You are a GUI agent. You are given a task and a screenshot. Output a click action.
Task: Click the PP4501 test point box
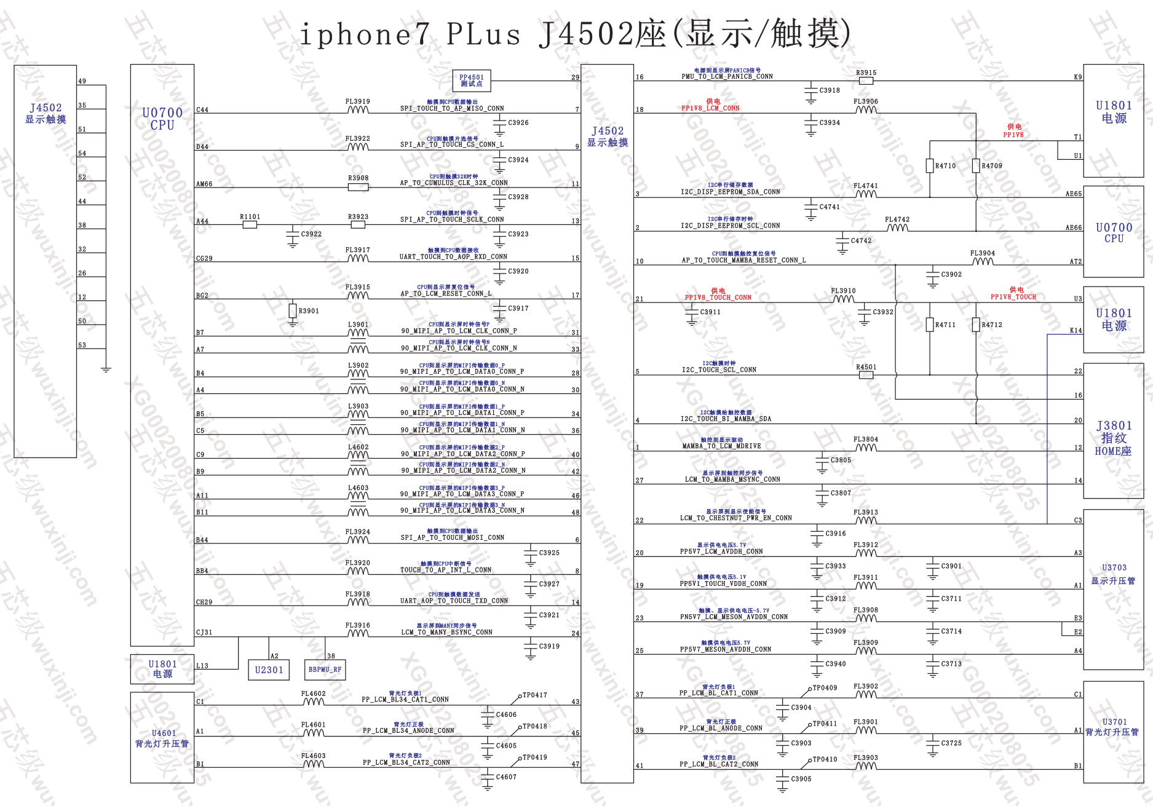(471, 81)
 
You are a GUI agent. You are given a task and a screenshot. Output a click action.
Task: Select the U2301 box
(269, 670)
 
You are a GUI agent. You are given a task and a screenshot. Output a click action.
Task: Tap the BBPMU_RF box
(325, 670)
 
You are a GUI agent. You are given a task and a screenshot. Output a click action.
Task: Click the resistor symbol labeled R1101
(250, 225)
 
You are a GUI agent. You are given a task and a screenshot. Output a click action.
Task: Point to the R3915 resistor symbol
(866, 81)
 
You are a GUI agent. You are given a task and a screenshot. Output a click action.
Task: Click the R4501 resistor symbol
(866, 375)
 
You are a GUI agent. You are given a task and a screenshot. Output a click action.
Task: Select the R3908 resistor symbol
(358, 187)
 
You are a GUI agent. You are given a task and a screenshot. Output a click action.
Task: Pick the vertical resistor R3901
(293, 311)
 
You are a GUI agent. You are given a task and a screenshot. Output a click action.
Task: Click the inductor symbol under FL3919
(358, 110)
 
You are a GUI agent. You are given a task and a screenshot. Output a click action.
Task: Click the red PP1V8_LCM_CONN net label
(710, 108)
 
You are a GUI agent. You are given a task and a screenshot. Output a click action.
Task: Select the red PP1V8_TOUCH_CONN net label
(718, 298)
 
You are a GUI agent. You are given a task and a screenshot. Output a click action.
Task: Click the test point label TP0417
(534, 695)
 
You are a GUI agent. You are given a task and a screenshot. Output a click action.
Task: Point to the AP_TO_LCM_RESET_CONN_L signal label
(446, 294)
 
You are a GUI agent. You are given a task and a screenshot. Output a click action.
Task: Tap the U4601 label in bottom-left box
(164, 733)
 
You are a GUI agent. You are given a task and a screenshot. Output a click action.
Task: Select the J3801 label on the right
(1114, 425)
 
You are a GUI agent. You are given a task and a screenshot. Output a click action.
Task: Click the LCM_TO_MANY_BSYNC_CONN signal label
(446, 632)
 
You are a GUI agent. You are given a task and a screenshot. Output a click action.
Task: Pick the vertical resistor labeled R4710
(930, 166)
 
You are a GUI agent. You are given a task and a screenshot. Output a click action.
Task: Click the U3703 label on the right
(1114, 567)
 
